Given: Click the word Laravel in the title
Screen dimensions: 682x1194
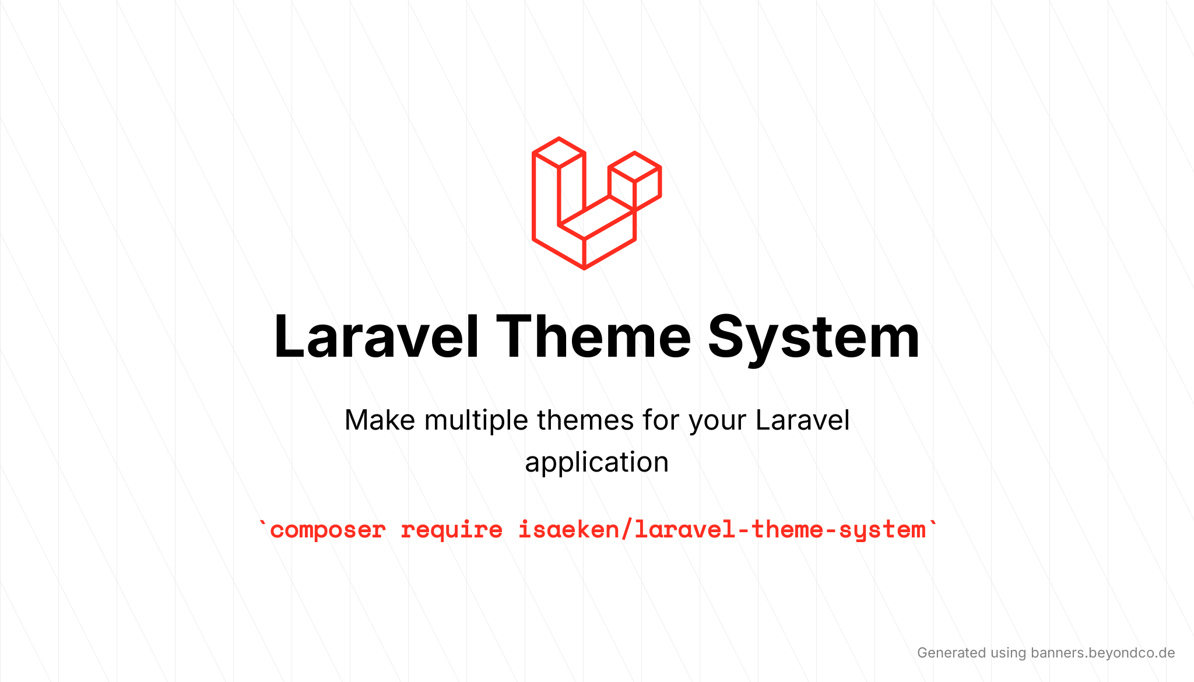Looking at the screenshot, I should click(x=376, y=337).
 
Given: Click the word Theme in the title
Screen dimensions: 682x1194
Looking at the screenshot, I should click(x=593, y=337).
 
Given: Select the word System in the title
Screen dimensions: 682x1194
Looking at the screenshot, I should click(x=813, y=337).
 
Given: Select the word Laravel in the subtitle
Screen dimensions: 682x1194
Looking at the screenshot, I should click(x=802, y=420).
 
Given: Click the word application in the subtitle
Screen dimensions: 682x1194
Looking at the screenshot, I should click(x=596, y=462).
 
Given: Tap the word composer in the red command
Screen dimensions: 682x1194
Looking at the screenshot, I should click(x=328, y=530).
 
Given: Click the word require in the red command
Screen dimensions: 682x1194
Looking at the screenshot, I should click(x=451, y=530).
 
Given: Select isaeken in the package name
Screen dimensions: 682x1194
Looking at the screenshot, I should click(x=568, y=530).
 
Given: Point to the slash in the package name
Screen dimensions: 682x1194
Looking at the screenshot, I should click(x=627, y=530).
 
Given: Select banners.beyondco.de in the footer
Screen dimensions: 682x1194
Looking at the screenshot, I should click(x=1102, y=653).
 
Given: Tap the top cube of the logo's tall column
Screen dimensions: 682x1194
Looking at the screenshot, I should click(x=559, y=153).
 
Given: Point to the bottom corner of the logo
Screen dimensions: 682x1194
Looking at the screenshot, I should click(x=584, y=268).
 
